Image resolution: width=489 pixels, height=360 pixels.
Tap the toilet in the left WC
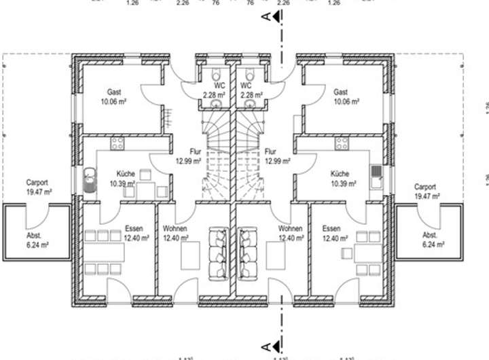pos(216,74)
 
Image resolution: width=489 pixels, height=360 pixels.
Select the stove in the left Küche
pos(117,143)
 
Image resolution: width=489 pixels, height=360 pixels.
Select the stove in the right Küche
pos(341,143)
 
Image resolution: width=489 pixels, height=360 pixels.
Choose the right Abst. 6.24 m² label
pos(433,240)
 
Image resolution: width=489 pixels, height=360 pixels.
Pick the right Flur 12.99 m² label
pos(277,157)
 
